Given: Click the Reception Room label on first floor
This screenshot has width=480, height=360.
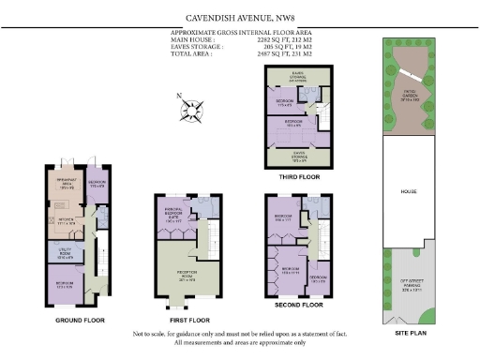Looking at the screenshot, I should (x=179, y=277).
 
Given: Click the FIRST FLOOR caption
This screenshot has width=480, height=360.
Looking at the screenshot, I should (x=186, y=319).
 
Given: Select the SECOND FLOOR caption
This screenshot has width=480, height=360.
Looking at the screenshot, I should (x=298, y=305).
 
